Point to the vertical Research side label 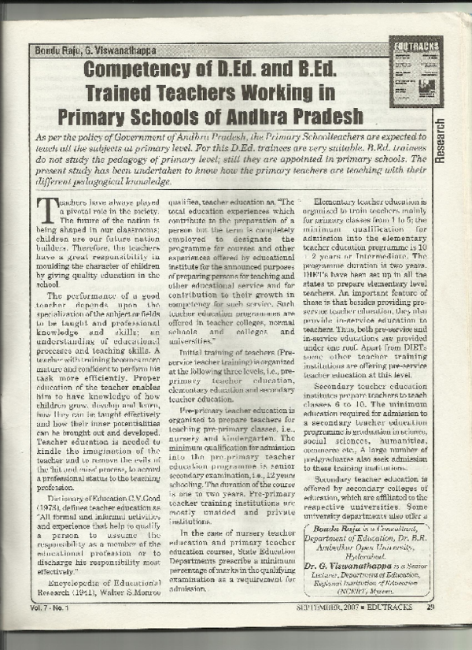(440, 142)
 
